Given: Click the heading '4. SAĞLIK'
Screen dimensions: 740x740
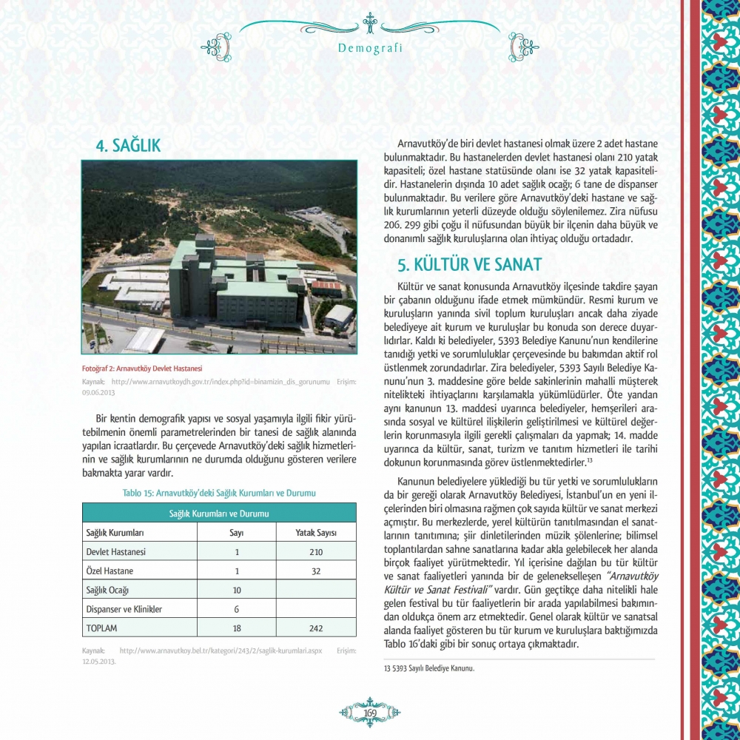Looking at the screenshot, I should point(129,147).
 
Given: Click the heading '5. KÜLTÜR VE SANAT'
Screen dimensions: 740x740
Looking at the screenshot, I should point(470,265).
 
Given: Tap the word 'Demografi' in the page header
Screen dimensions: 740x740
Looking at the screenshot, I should point(369,49).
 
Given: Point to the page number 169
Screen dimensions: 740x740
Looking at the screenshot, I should point(370,712).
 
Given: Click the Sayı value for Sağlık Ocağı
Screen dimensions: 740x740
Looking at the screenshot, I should point(237,591).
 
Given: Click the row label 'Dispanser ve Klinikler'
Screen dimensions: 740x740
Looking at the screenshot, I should point(124,609).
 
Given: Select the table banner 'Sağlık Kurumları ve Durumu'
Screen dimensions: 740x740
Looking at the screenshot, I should point(218,513).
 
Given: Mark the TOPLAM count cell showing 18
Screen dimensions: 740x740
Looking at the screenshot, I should point(237,628).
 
